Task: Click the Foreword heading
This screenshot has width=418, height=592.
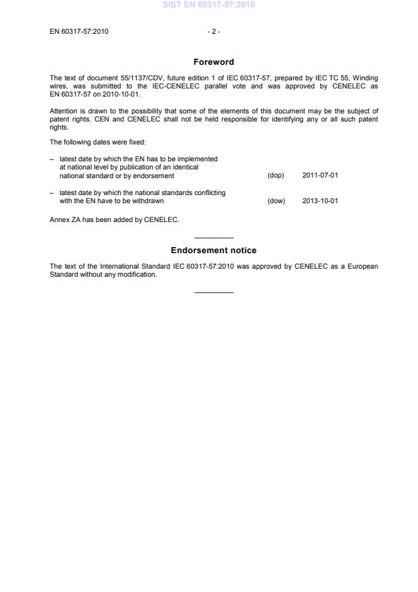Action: point(213,62)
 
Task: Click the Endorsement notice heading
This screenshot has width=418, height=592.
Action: point(213,250)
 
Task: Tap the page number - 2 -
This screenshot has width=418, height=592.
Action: point(213,32)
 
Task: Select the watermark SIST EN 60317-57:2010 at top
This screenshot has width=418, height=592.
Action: point(209,5)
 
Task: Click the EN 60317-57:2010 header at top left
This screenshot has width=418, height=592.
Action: point(79,32)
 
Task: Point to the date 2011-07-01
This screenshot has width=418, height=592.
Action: point(320,176)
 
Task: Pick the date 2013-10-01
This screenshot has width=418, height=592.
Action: point(320,201)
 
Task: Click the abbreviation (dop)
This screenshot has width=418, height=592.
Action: point(276,176)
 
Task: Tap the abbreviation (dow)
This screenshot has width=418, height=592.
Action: point(276,201)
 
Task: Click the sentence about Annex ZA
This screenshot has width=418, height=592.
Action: point(114,219)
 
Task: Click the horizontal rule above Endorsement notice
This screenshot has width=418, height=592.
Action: point(213,238)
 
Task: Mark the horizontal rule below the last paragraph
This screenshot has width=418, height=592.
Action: point(213,292)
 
